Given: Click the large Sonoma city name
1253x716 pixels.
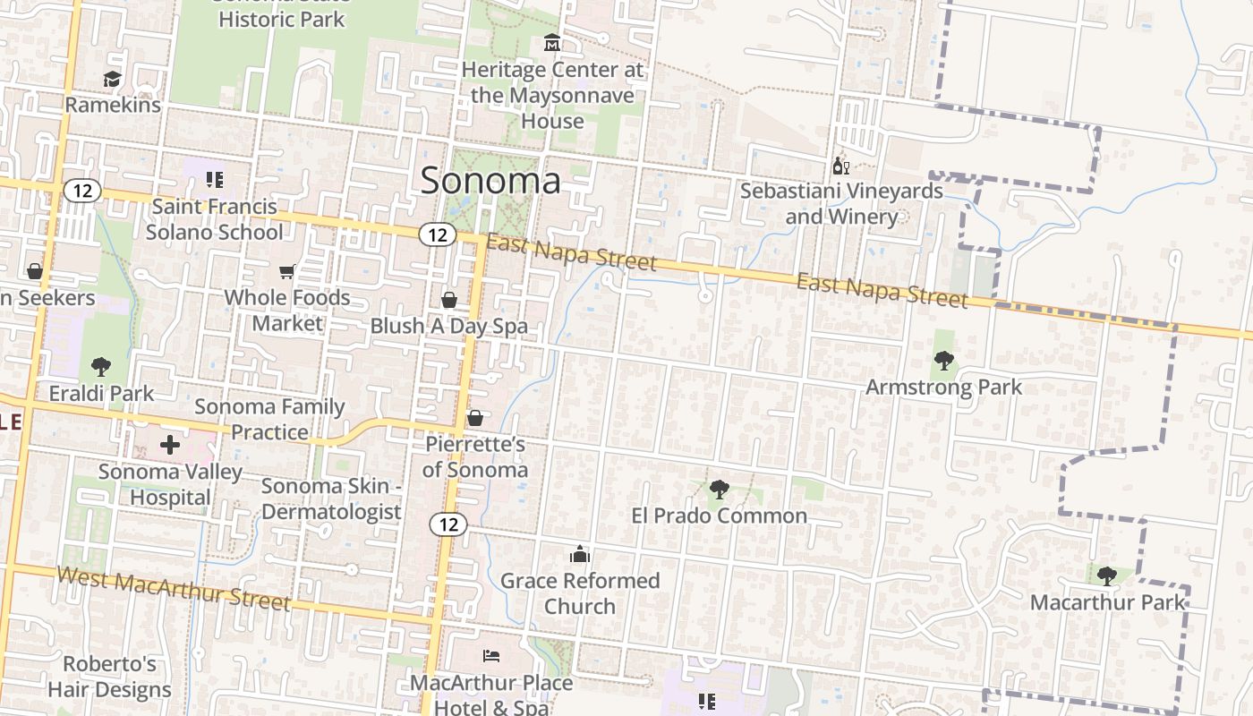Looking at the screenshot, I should click(x=490, y=180).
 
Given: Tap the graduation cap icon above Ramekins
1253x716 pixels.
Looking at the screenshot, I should click(x=112, y=80).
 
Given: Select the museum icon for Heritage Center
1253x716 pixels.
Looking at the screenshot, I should click(x=552, y=43).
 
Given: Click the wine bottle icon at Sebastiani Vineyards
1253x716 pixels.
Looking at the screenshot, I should click(x=840, y=166).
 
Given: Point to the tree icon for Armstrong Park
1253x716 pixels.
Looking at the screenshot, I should click(x=943, y=362).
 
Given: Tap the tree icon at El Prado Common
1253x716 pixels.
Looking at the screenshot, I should click(x=719, y=490).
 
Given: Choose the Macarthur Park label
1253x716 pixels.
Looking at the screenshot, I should click(x=1108, y=602).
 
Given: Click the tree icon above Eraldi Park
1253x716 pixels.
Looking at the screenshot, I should click(x=101, y=366).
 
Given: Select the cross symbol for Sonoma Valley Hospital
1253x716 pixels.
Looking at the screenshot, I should click(x=170, y=445).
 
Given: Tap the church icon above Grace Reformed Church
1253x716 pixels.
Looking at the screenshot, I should click(x=580, y=555).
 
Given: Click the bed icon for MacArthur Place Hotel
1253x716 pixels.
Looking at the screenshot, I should click(x=491, y=656).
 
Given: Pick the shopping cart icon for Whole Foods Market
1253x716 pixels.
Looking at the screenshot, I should click(x=287, y=271).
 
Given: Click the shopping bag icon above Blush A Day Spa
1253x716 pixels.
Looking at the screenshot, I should click(x=449, y=300).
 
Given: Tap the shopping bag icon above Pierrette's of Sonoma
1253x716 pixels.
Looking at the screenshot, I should click(x=475, y=418).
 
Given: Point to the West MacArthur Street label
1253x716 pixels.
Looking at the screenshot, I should click(x=175, y=588).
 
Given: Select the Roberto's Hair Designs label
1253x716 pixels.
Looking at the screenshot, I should click(x=109, y=677).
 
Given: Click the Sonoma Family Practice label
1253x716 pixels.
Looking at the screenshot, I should click(x=269, y=419).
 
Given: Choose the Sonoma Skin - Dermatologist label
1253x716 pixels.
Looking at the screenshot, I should click(x=331, y=499).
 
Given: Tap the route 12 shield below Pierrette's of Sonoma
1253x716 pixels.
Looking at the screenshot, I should click(x=448, y=524).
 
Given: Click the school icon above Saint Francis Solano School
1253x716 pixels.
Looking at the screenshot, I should click(x=214, y=180).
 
